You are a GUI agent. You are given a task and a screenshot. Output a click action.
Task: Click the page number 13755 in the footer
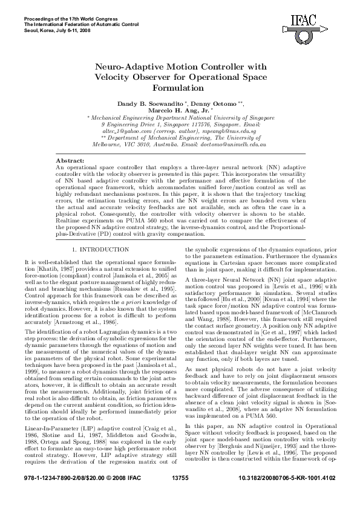click(181, 494)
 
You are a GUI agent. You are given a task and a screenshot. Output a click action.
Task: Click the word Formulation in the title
click(180, 88)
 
